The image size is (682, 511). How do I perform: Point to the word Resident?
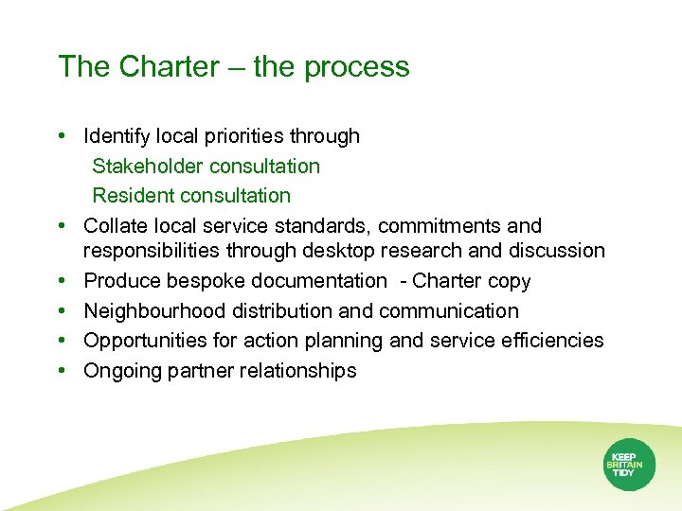[130, 196]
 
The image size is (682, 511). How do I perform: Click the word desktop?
[337, 251]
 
